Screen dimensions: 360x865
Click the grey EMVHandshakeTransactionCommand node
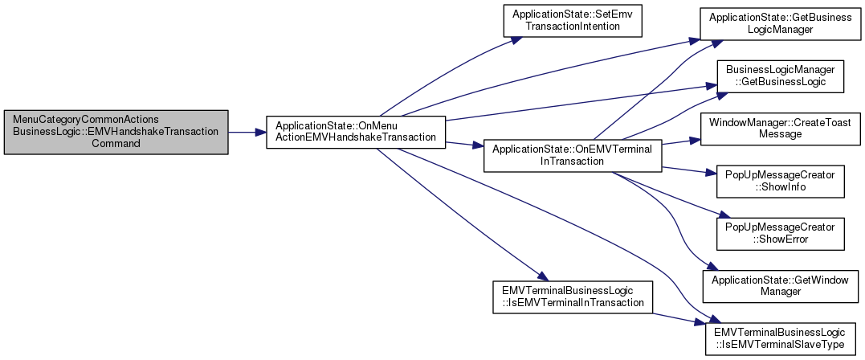116,131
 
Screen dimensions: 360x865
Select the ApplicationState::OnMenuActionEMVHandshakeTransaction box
356,131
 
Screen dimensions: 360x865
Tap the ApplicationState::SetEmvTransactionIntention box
573,20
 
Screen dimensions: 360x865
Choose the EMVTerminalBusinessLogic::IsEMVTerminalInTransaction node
573,297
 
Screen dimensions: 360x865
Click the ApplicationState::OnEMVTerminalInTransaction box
572,155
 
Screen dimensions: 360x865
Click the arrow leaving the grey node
247,131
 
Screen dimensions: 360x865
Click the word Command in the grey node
116,142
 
